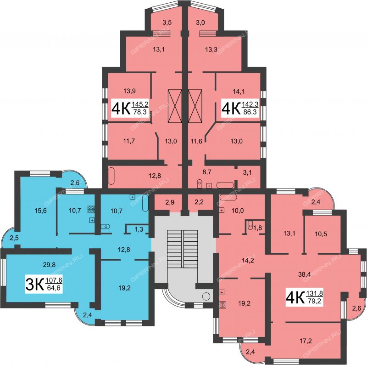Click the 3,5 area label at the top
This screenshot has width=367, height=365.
[167, 22]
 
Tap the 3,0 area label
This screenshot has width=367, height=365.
[200, 22]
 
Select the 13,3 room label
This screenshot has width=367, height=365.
[211, 51]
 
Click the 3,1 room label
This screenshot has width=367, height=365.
[246, 172]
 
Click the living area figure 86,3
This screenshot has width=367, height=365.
[250, 112]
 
